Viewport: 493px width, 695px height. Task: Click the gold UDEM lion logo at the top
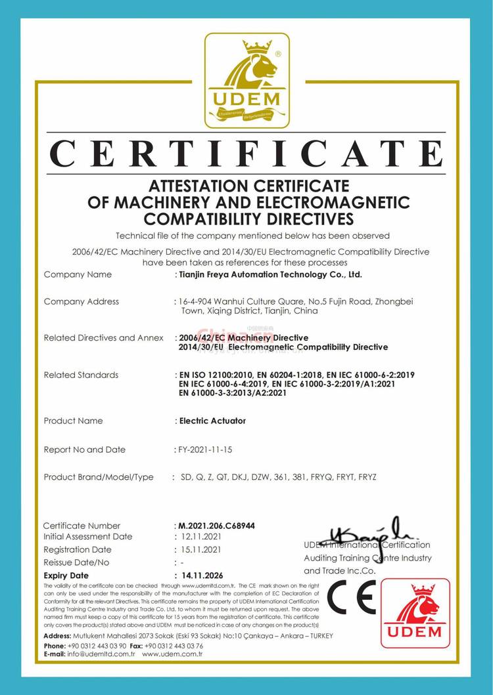point(246,80)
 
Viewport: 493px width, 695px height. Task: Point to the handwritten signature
point(365,533)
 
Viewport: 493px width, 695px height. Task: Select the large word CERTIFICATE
point(246,154)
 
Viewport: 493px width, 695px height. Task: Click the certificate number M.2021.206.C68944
point(218,526)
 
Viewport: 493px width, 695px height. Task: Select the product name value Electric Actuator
point(212,421)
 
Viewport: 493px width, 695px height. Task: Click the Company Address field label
point(81,301)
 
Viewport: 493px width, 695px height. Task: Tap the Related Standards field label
point(81,375)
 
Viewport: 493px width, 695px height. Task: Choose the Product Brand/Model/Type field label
point(99,477)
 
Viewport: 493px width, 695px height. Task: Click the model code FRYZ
point(367,477)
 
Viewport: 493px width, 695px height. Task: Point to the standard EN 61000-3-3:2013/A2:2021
point(233,393)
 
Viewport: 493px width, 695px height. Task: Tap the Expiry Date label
point(66,575)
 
